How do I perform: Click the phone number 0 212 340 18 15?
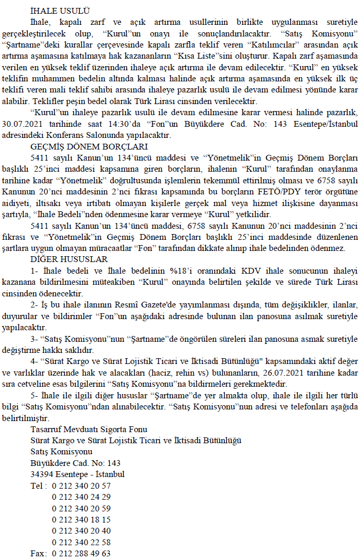[81, 519]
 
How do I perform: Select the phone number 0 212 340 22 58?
[81, 542]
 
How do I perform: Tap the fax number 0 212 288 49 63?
[81, 554]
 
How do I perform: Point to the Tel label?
[37, 486]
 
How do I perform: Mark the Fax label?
[38, 554]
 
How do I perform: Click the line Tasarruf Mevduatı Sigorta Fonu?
[89, 429]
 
